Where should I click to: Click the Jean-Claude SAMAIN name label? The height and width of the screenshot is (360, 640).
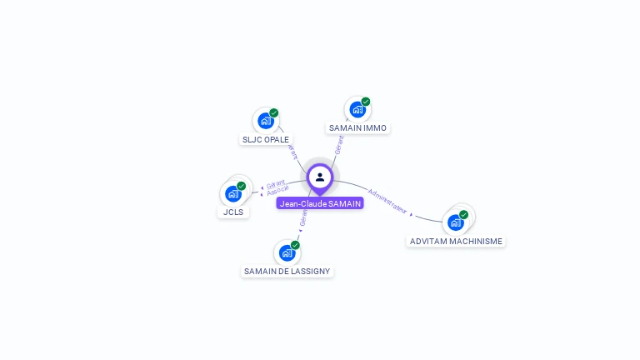(x=320, y=203)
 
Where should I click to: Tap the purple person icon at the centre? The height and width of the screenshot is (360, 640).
(x=320, y=177)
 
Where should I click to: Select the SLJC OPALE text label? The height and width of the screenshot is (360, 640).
(x=266, y=139)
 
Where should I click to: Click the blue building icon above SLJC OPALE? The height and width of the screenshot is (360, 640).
(x=265, y=121)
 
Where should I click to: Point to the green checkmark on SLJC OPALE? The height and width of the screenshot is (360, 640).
(x=274, y=113)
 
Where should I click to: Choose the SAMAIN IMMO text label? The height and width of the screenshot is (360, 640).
(x=357, y=127)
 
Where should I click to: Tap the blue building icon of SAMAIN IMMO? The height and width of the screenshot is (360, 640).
(x=357, y=109)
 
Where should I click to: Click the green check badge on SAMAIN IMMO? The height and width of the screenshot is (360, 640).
(x=366, y=102)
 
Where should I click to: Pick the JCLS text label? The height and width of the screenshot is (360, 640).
(x=233, y=212)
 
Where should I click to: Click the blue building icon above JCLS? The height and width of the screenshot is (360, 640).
(x=232, y=193)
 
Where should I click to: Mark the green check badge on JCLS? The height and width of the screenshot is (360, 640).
(x=242, y=186)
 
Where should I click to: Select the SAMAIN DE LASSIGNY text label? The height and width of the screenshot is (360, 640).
(x=287, y=271)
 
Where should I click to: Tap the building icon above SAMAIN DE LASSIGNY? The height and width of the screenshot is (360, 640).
(x=287, y=252)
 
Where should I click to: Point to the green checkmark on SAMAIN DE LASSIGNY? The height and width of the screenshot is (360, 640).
(x=295, y=245)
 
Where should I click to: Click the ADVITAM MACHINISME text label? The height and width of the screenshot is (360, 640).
(x=456, y=241)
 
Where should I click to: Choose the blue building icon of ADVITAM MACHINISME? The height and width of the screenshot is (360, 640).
(x=455, y=222)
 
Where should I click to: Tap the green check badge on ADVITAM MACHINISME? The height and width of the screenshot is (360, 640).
(x=464, y=214)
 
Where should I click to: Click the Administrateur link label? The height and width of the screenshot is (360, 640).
(x=387, y=202)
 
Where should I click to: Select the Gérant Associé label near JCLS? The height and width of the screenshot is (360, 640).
(x=277, y=187)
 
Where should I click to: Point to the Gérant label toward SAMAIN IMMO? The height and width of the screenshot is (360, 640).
(x=338, y=144)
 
